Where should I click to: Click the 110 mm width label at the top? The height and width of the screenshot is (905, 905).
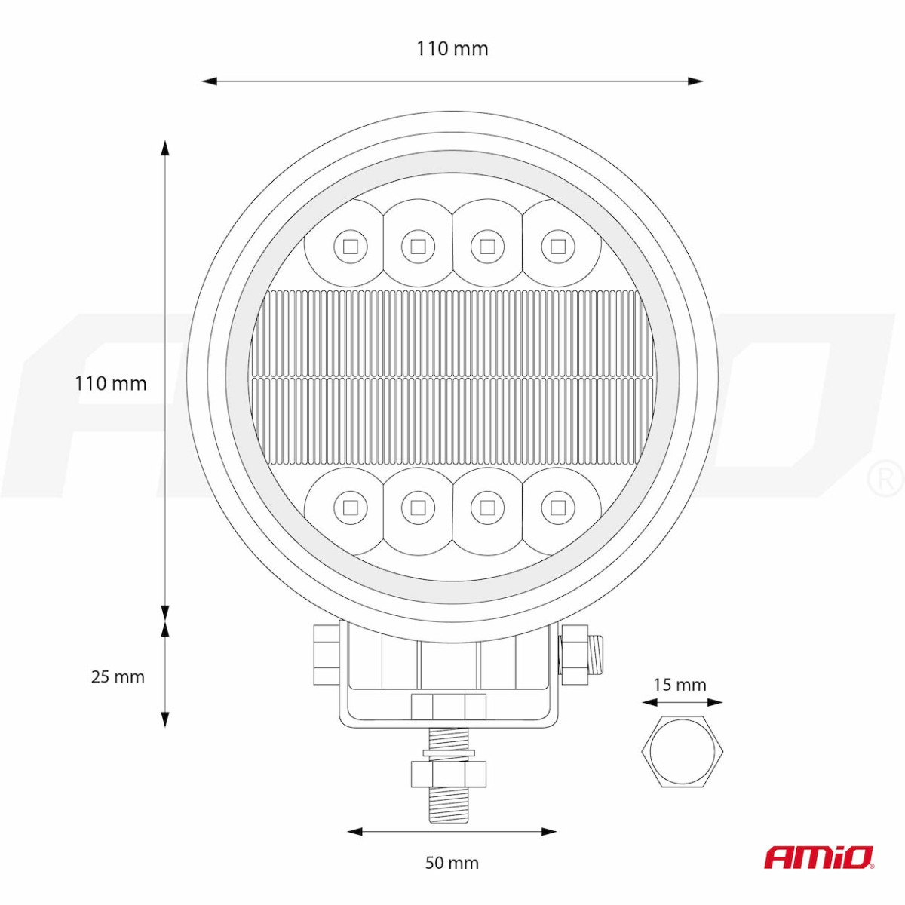(x=452, y=49)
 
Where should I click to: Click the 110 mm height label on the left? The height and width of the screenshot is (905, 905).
(x=111, y=384)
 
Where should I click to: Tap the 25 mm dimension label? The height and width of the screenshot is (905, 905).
(x=118, y=676)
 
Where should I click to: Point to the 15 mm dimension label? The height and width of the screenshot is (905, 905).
(x=680, y=685)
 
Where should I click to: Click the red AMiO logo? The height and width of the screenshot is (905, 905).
(x=819, y=857)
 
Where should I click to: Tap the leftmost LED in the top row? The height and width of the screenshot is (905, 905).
(x=350, y=246)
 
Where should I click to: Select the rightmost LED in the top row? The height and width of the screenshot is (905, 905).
(x=557, y=246)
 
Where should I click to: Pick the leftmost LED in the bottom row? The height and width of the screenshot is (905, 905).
(x=350, y=508)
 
